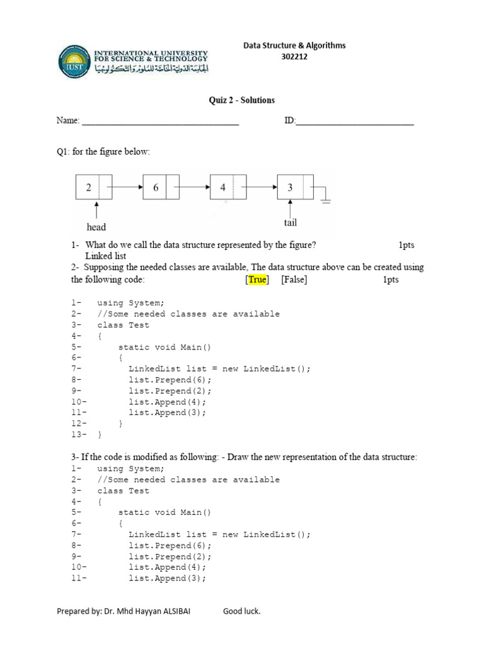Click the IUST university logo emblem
(x=73, y=61)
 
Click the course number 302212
(x=295, y=57)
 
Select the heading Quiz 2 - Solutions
(x=242, y=100)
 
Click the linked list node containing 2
(x=94, y=187)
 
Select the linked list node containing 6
(x=161, y=187)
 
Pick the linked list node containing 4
(x=228, y=187)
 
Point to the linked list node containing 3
(x=295, y=187)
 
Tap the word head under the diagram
(x=96, y=227)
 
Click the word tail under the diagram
(x=290, y=223)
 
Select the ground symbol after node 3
(x=325, y=197)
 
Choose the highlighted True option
(x=258, y=279)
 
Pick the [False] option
(x=294, y=279)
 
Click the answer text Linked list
(x=106, y=256)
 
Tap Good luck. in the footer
(x=241, y=611)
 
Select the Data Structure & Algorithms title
(x=295, y=45)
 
